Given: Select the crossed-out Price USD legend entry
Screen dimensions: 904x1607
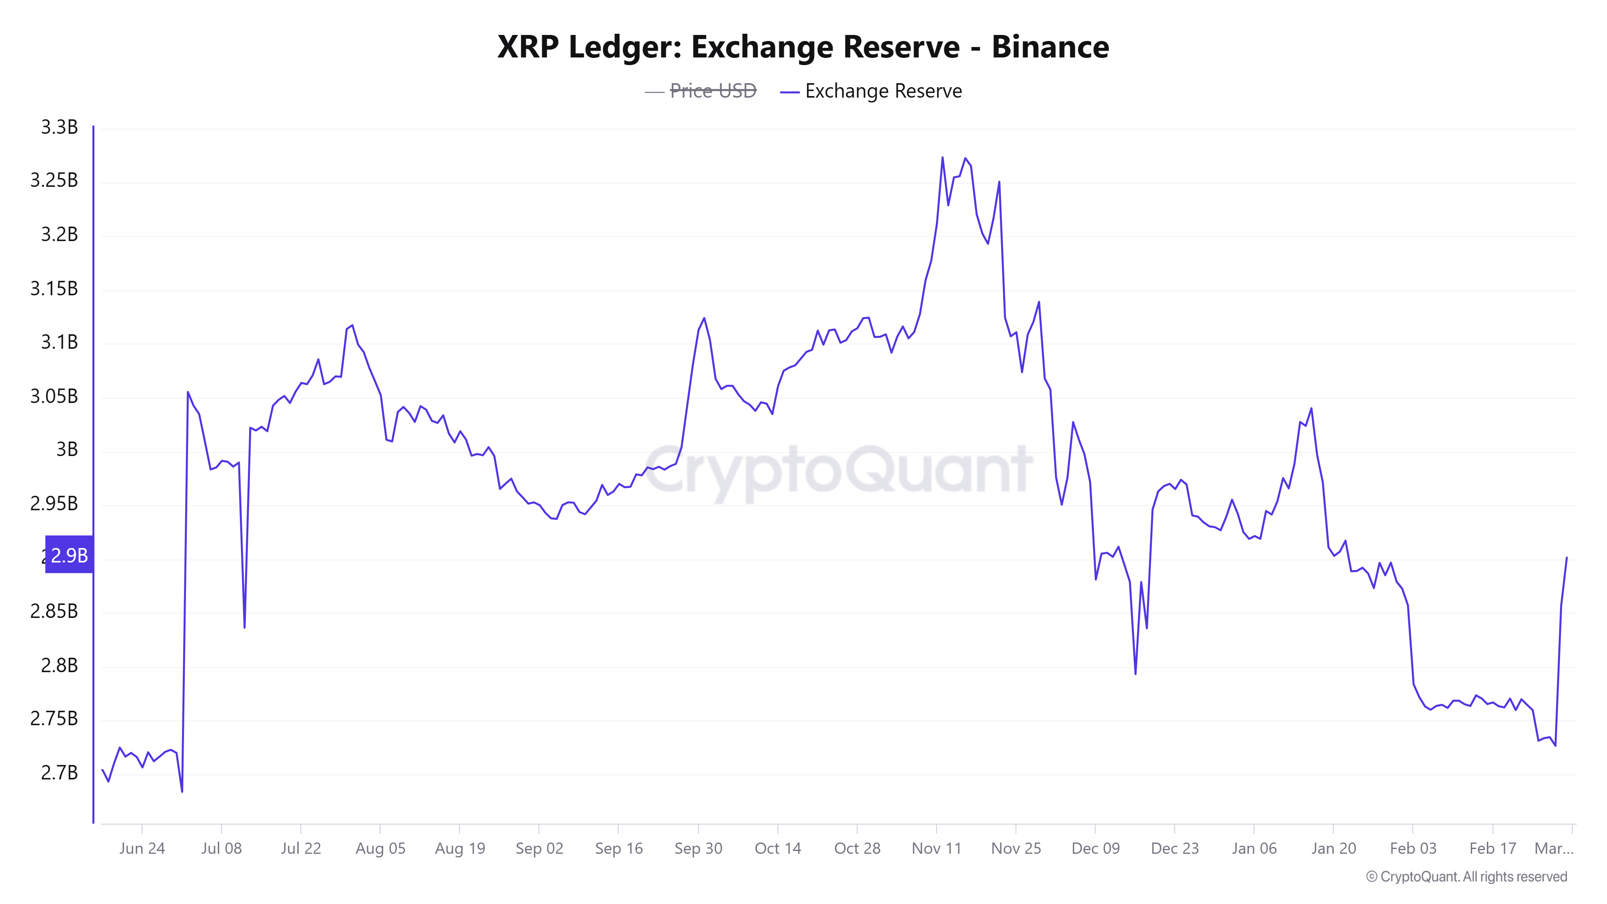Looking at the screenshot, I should [712, 91].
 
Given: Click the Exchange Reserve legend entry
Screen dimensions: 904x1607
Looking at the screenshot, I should [883, 91].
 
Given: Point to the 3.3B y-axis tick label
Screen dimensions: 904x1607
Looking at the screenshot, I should [59, 127].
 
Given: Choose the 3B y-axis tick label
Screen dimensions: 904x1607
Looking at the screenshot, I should [67, 449].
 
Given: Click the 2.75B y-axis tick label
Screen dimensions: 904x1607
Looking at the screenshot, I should [54, 719].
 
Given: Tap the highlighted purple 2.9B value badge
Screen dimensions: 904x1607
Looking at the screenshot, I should [69, 554].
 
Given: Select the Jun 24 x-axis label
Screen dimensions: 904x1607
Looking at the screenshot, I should [142, 849].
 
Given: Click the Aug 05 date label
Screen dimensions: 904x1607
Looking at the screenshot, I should [380, 849].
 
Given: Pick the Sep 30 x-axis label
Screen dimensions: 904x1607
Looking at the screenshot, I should [698, 849].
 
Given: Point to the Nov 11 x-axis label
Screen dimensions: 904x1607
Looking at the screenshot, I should [936, 849].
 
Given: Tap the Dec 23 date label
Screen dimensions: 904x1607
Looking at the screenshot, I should [1175, 849].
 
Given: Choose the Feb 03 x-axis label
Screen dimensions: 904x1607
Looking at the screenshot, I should [1413, 849].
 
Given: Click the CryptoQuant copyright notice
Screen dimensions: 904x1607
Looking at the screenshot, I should [1466, 877].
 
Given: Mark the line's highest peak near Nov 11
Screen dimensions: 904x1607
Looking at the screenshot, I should [943, 157].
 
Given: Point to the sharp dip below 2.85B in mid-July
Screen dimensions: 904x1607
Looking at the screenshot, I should [245, 628].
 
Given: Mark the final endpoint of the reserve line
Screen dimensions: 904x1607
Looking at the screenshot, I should [1566, 558].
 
